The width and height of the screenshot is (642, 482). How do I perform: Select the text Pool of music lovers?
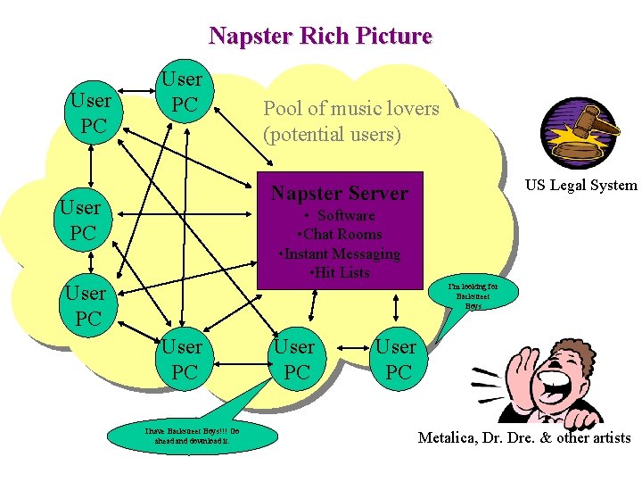[x=350, y=109]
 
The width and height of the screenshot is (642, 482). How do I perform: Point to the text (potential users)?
[x=332, y=135]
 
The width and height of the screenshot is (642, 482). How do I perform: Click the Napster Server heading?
[x=339, y=193]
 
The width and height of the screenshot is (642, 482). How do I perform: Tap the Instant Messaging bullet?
[x=340, y=253]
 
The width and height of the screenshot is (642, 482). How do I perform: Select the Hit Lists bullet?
[x=340, y=272]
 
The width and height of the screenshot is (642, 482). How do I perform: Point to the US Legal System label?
[x=580, y=186]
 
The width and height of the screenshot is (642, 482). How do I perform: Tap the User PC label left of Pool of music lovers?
[x=184, y=92]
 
